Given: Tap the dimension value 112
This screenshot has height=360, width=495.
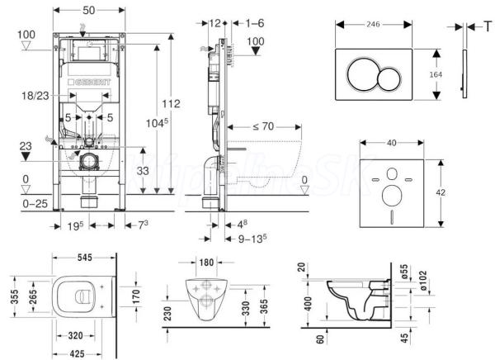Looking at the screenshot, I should click(171, 104).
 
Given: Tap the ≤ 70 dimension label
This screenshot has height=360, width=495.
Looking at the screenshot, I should click(262, 126).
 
